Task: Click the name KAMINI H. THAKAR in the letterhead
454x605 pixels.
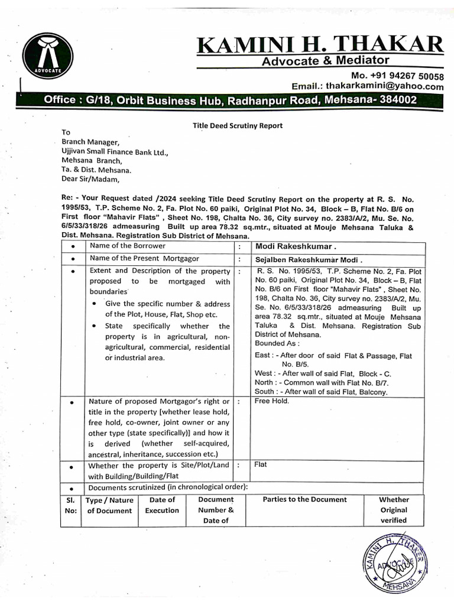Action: (x=320, y=44)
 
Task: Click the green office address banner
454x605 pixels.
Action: (x=231, y=100)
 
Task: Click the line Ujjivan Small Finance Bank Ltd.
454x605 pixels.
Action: (x=115, y=151)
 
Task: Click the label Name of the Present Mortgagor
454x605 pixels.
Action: (x=144, y=258)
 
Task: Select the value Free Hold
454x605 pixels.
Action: (x=272, y=401)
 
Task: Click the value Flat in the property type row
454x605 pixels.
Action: (x=261, y=464)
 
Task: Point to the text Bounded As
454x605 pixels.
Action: (x=277, y=343)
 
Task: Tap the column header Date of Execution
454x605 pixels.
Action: (x=161, y=505)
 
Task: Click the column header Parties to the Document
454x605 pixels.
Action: (x=304, y=499)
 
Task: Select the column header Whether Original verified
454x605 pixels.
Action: (x=394, y=510)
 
